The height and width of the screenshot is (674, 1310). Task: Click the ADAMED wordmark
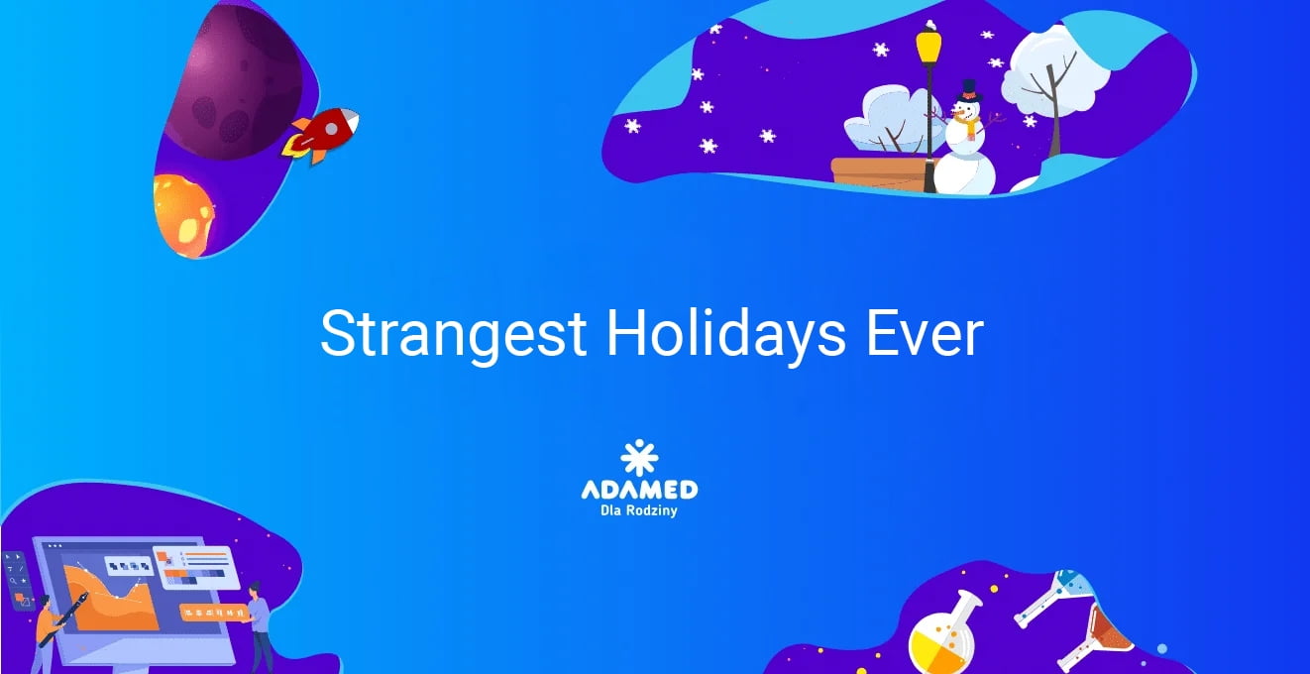(639, 490)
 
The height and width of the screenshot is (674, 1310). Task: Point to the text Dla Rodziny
(639, 510)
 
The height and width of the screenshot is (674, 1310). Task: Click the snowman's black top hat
(969, 90)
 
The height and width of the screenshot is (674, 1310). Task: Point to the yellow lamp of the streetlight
(928, 46)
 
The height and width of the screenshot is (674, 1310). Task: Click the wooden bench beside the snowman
(880, 173)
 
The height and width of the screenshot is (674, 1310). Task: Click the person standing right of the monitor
(259, 627)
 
